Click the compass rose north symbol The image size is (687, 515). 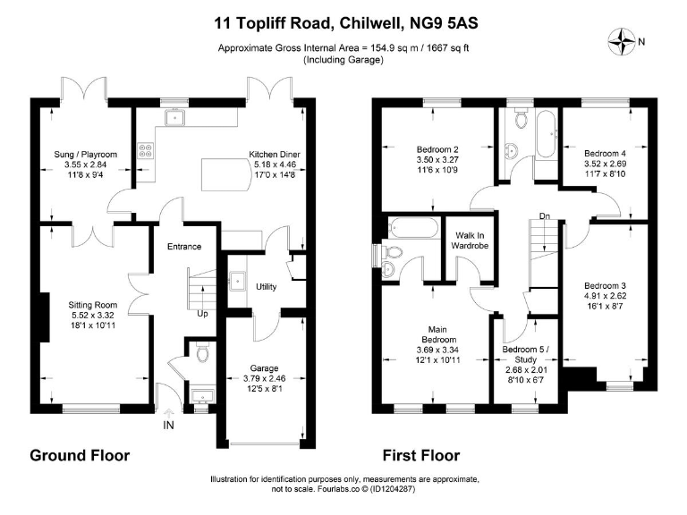coord(622,42)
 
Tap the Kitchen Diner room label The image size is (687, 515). coord(275,154)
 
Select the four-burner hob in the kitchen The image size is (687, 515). coord(146,150)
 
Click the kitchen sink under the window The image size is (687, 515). coord(175,117)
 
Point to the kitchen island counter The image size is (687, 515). coord(226,174)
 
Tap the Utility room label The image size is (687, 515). coord(266,287)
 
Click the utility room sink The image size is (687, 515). coord(237,280)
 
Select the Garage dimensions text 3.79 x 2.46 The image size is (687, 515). coord(264,378)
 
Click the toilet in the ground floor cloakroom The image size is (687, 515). coord(202,352)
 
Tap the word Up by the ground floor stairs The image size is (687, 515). coord(202,314)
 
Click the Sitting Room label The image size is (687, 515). coord(93,305)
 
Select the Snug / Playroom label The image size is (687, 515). coord(86,154)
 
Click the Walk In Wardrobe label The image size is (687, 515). coord(470,241)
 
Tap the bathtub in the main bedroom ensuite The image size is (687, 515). coord(414,227)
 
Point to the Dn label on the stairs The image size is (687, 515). coord(545,215)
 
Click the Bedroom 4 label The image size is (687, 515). coord(605,153)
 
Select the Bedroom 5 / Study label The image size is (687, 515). coord(525,354)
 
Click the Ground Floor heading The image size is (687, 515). coord(80,455)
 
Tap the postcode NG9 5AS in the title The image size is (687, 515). coord(444,22)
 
